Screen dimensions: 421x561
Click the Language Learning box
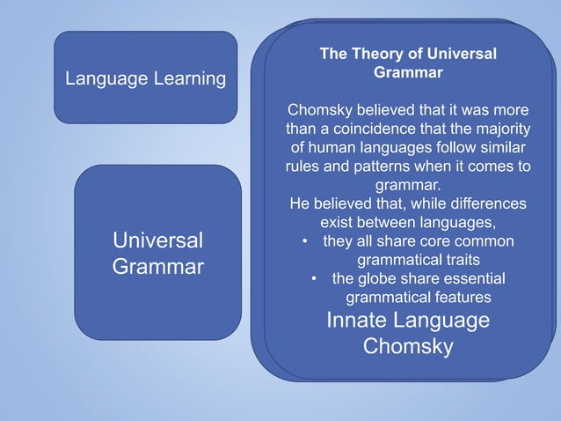click(x=145, y=78)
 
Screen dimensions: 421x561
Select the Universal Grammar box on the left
click(x=157, y=253)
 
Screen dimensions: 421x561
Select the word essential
click(x=473, y=279)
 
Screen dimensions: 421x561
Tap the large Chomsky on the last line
click(x=408, y=347)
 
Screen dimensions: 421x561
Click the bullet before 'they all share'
click(x=304, y=241)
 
